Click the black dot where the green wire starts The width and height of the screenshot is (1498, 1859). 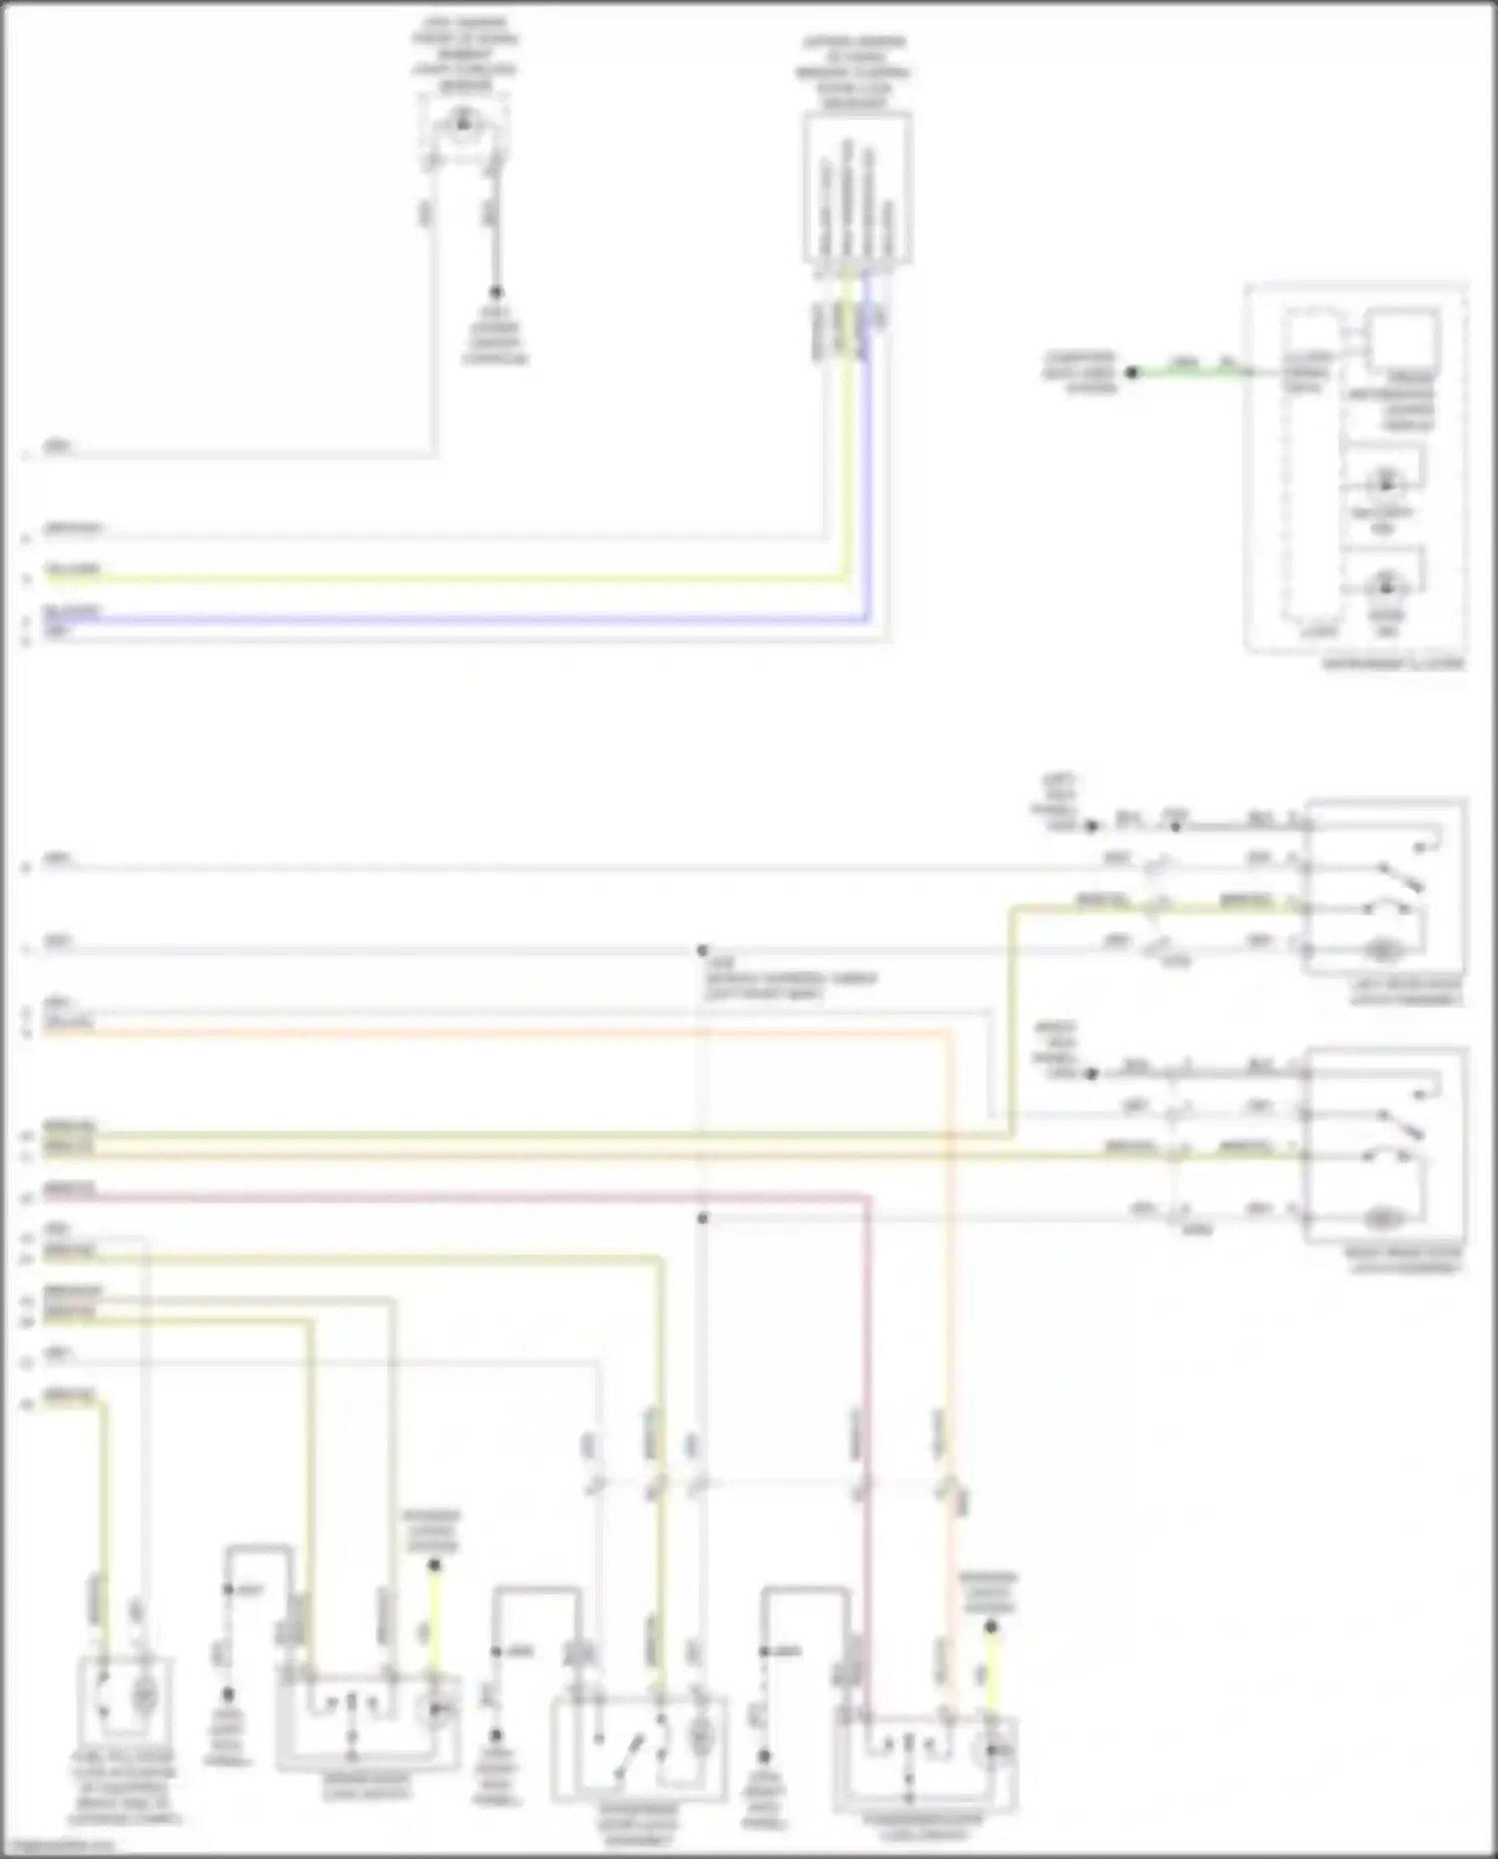pos(1132,373)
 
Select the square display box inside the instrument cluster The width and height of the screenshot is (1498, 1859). pos(1403,341)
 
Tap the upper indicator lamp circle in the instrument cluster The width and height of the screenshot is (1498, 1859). pos(1386,483)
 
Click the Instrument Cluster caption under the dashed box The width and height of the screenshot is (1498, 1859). pos(1393,663)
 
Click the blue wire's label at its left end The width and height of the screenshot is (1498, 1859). pos(71,610)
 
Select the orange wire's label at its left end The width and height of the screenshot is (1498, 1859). pos(69,1022)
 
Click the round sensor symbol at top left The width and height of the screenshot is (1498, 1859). pos(462,123)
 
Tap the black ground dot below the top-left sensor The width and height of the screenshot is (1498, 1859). pos(495,293)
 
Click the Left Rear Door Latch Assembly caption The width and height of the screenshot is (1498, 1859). pos(1406,991)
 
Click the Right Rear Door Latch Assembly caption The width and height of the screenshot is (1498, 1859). pos(1406,1261)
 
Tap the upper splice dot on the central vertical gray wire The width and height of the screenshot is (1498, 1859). pos(703,950)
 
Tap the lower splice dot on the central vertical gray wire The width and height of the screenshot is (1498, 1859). pos(703,1219)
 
